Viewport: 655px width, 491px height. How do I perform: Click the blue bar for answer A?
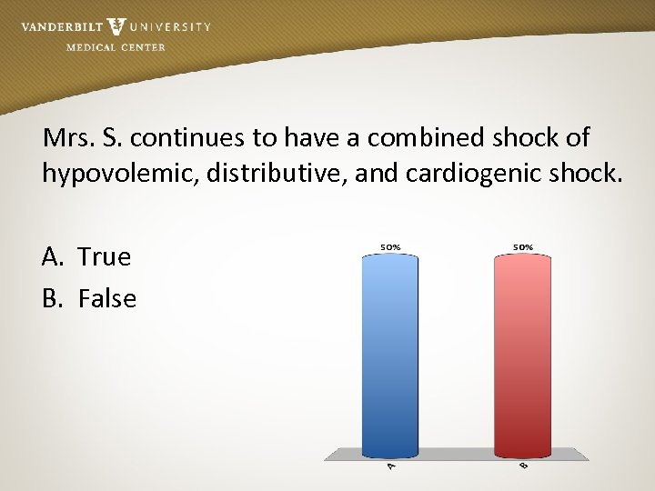(x=390, y=355)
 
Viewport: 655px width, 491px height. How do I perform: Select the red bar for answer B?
(x=523, y=355)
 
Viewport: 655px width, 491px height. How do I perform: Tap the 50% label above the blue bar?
(x=390, y=246)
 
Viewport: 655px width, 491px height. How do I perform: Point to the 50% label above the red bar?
(x=523, y=246)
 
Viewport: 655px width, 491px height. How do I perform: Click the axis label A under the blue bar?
(x=391, y=466)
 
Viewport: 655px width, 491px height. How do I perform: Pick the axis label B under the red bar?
(x=523, y=466)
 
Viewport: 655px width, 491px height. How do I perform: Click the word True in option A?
(x=105, y=257)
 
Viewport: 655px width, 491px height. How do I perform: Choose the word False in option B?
(x=107, y=298)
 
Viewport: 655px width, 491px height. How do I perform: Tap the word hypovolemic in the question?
(x=119, y=173)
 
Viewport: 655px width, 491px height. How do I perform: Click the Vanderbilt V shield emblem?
(x=116, y=27)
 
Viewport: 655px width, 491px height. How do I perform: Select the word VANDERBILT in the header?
(x=60, y=27)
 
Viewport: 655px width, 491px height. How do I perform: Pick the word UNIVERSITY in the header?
(x=170, y=27)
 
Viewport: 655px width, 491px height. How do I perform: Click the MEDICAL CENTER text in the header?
(x=116, y=47)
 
